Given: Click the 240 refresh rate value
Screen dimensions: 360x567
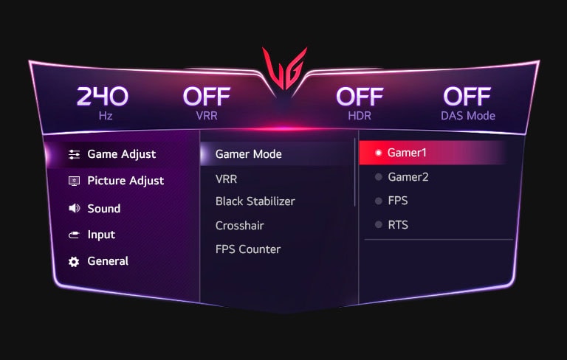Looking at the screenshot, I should click(102, 97).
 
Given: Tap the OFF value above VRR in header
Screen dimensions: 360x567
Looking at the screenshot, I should click(206, 97).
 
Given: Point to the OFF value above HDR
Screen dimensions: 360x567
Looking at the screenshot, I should click(360, 97).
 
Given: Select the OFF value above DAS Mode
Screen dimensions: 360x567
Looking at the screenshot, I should click(467, 97).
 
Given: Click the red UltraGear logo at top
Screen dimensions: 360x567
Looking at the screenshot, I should click(283, 71).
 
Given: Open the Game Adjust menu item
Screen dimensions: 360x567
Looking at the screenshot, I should click(121, 154).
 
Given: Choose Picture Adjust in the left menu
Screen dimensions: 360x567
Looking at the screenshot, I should click(126, 181).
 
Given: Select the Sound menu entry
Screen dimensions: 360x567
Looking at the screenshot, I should click(103, 209).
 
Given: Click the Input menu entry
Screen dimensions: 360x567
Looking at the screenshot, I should click(101, 235).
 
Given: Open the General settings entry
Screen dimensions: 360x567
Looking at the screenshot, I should click(108, 261).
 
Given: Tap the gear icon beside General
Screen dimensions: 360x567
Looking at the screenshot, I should click(74, 262).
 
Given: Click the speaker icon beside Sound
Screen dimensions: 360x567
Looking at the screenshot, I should click(74, 209).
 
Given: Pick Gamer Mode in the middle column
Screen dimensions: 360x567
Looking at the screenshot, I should click(248, 155).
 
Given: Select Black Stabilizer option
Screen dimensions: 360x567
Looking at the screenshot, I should click(255, 201).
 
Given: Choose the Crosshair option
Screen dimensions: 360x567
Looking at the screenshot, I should click(239, 226).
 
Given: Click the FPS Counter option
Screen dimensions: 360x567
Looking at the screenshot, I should click(247, 249).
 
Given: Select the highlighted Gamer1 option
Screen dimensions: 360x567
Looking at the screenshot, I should click(408, 153).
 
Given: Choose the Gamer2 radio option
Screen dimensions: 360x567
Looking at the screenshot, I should click(408, 177).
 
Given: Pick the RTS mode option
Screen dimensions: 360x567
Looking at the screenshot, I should click(397, 225).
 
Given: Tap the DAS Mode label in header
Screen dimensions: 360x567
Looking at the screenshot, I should click(468, 116).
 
